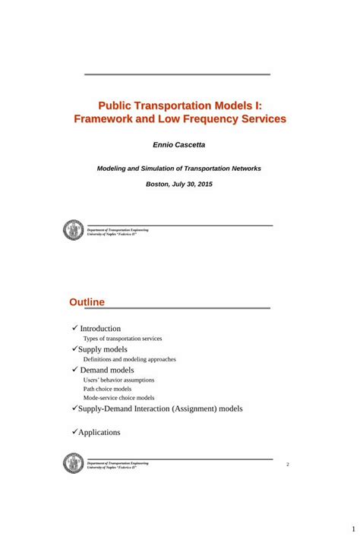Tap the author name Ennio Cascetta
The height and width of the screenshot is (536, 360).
(x=179, y=144)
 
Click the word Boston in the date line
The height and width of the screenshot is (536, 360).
(x=158, y=184)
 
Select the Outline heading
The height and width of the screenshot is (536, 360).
(x=87, y=302)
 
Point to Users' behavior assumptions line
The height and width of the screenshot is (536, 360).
(x=118, y=380)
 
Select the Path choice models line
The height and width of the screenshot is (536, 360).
(x=107, y=389)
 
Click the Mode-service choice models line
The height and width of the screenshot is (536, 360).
(x=118, y=398)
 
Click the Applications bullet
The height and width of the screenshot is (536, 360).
(x=99, y=432)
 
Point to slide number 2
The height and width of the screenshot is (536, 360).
(x=288, y=464)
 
